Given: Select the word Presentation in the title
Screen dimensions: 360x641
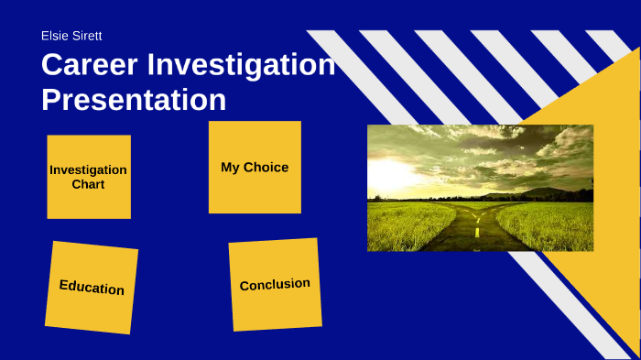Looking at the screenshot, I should point(134,99).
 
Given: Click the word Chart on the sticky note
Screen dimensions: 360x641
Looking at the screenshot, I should point(89,184).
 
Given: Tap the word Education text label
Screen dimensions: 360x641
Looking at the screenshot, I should point(92,288).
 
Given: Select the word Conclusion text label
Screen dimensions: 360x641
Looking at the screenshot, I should point(275,285).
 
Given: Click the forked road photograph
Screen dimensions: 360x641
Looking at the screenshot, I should point(480,188).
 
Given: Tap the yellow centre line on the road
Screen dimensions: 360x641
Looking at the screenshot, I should point(477,233).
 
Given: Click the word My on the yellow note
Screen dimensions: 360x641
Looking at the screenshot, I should point(230,168).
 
